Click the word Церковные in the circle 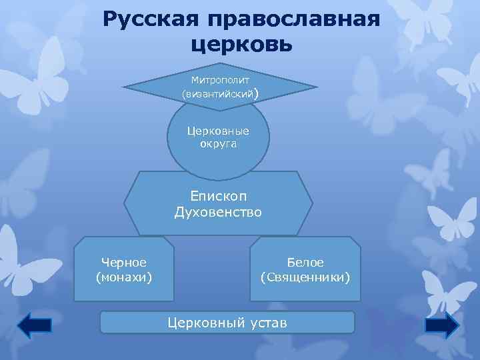[218, 131]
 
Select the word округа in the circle [218, 144]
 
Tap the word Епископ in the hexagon [218, 197]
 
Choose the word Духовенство [218, 213]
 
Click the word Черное [124, 262]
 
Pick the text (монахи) [124, 275]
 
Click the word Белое [305, 262]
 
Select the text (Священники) [305, 275]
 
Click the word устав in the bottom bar [267, 323]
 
